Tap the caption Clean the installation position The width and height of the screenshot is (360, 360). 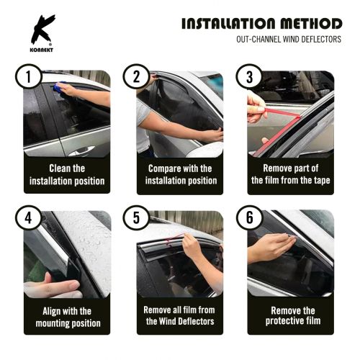click(x=68, y=174)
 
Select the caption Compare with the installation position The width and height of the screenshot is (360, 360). click(x=180, y=174)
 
